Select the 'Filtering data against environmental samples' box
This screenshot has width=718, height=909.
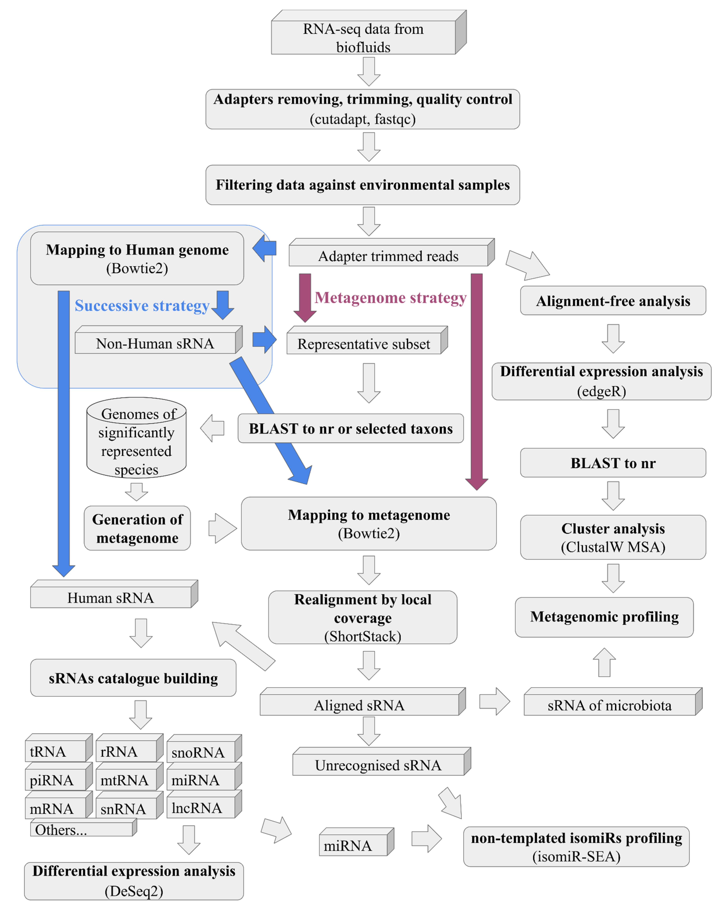pos(362,185)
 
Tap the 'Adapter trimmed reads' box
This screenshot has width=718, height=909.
pos(388,256)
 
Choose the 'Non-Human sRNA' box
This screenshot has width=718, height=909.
pos(155,344)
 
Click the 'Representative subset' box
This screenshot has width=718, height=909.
pos(364,344)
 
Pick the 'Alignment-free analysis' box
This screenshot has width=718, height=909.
pos(613,301)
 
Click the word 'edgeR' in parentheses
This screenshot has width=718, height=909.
pos(601,391)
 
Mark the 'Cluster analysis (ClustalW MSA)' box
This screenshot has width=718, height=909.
pos(613,537)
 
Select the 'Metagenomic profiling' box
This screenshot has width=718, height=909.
pos(604,617)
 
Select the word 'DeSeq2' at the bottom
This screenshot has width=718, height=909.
pos(134,891)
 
